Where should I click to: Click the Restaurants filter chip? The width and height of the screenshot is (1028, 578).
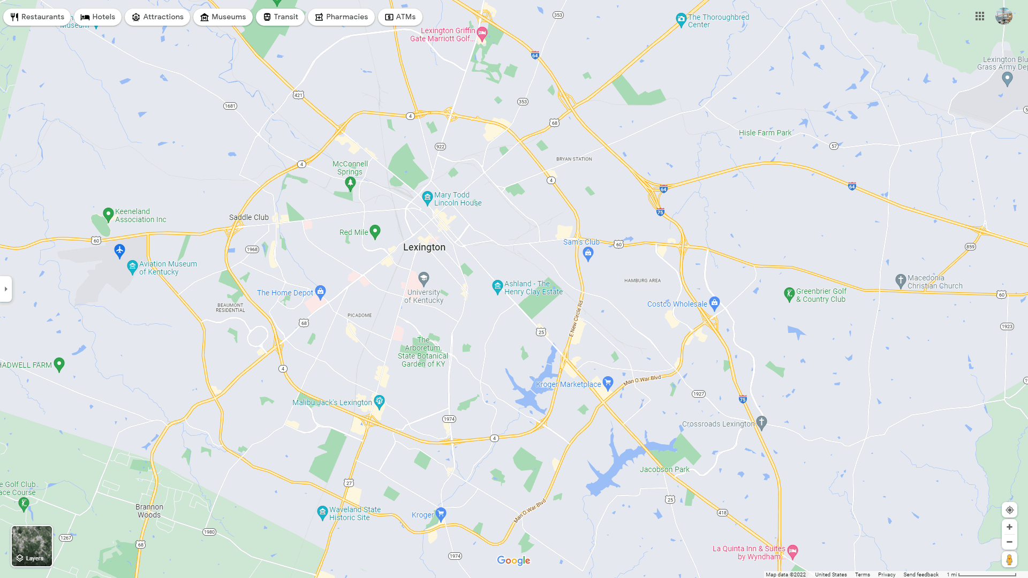[x=37, y=17]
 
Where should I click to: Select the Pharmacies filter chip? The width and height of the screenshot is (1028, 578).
[x=341, y=17]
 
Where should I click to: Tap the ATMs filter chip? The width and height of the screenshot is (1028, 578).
[x=400, y=17]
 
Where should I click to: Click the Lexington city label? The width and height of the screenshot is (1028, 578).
[x=424, y=247]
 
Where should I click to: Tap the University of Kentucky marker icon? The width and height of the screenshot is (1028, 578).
[x=424, y=278]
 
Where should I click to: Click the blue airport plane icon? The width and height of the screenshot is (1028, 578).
[x=119, y=250]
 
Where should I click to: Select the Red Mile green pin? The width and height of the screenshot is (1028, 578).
[x=375, y=231]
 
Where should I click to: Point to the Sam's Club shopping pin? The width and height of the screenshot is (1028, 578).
[x=588, y=254]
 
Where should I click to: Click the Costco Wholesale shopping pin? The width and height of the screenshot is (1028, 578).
[x=714, y=303]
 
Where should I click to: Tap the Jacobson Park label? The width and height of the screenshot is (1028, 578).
[x=664, y=469]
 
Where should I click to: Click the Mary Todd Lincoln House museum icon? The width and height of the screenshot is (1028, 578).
[x=427, y=198]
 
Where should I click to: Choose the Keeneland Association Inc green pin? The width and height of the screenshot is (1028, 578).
[x=108, y=214]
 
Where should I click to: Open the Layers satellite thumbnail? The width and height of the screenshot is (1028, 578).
[x=32, y=546]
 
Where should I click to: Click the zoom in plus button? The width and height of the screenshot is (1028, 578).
[x=1009, y=527]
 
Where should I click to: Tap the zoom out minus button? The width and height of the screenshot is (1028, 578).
[x=1009, y=542]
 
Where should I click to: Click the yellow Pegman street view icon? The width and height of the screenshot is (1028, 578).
[x=1009, y=560]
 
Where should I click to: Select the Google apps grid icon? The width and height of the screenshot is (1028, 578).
[x=980, y=17]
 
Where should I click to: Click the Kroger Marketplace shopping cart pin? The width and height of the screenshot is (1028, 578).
[x=608, y=383]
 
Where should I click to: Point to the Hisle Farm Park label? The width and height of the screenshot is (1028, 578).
[x=765, y=133]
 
